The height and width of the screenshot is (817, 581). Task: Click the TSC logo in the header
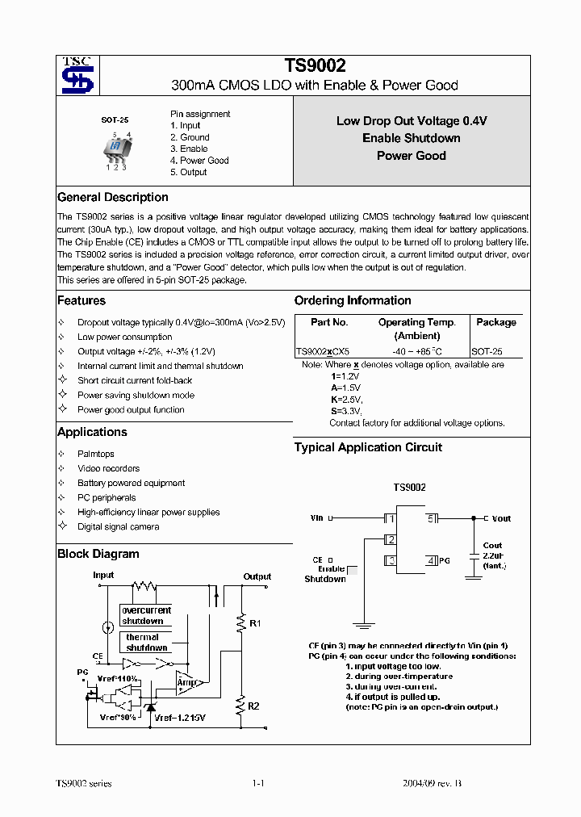tap(78, 76)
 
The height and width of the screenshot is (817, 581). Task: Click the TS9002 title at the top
tap(315, 67)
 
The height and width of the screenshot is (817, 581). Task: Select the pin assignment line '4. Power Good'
tap(199, 161)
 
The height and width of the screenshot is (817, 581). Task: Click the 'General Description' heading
tap(113, 198)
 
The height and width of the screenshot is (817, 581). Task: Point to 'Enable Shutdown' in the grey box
tap(411, 138)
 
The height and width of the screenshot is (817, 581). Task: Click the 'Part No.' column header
tap(329, 322)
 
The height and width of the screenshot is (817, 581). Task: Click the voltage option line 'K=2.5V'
tap(346, 400)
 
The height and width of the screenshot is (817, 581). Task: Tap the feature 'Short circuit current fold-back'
tap(135, 380)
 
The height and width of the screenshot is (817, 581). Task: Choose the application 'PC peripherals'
tap(107, 498)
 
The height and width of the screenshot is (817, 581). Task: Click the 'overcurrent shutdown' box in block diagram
tap(146, 616)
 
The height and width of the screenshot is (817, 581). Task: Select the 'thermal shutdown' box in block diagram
tap(147, 643)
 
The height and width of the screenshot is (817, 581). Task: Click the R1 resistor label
tap(255, 624)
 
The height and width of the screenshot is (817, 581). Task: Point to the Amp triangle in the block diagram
tap(186, 683)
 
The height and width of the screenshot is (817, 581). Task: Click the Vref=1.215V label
tap(180, 718)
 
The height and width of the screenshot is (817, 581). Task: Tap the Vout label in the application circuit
tap(501, 518)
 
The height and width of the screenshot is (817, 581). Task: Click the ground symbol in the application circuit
tap(364, 624)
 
